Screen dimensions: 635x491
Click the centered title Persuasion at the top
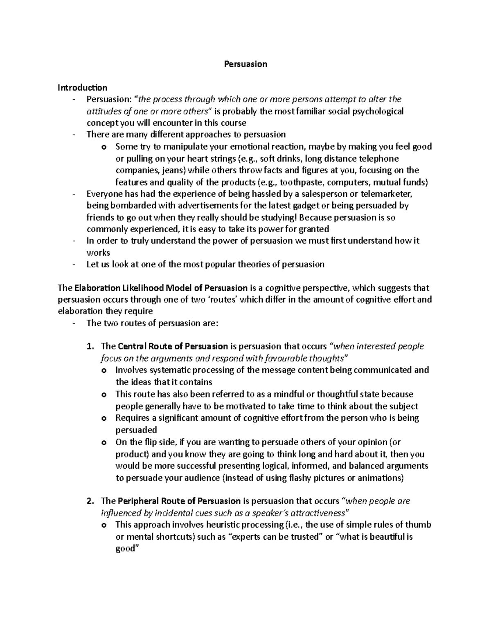click(x=245, y=64)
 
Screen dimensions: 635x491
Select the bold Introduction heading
click(x=82, y=88)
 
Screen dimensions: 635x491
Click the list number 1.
click(x=90, y=346)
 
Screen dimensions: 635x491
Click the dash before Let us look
click(x=74, y=265)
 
